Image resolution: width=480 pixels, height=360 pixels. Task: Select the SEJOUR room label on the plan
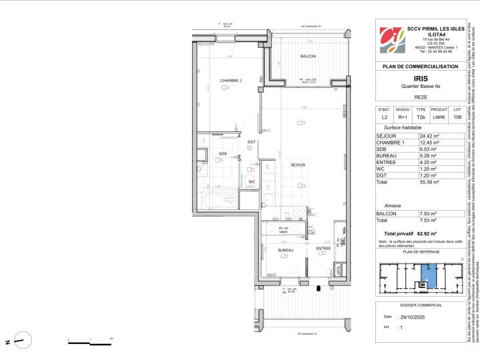click(x=297, y=164)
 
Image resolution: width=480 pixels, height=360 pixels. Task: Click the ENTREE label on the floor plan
click(x=323, y=249)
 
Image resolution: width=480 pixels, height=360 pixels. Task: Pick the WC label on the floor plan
click(x=252, y=181)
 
